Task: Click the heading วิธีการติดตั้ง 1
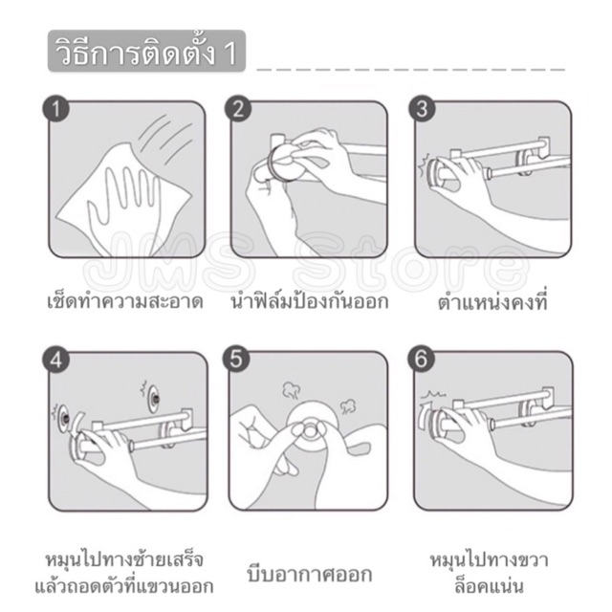tap(146, 52)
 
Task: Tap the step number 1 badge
tap(55, 109)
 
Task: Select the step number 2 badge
tap(238, 109)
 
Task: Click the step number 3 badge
tap(422, 109)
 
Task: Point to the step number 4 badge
tap(55, 360)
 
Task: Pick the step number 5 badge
tap(236, 360)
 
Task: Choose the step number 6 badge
tap(421, 360)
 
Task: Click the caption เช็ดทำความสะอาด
tap(125, 302)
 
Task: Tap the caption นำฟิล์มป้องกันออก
tap(310, 302)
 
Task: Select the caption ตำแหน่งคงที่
tap(492, 302)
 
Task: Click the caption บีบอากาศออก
tap(310, 574)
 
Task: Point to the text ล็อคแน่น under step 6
tap(489, 586)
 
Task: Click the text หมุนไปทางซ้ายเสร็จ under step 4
tap(125, 560)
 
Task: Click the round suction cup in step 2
tap(284, 161)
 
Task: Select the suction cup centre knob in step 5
tap(310, 430)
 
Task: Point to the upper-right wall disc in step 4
tap(155, 399)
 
